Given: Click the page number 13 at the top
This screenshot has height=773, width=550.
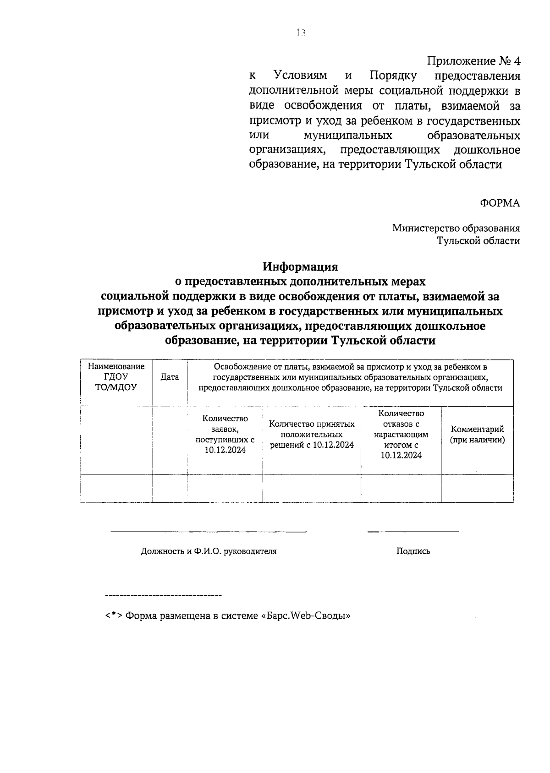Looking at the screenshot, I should point(301,33).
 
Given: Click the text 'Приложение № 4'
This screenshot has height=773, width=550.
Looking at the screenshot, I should point(473,61).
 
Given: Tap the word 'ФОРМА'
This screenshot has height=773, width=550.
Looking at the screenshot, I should point(500,203).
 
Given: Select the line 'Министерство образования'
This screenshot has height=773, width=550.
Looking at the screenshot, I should point(456,228).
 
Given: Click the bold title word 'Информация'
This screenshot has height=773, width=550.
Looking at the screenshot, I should point(300,266).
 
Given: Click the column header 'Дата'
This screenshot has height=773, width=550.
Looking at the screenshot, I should point(170,377).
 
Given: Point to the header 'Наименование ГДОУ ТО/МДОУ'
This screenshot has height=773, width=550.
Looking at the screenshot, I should point(116,376).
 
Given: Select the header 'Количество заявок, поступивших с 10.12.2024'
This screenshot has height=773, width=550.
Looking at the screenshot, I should point(225,434).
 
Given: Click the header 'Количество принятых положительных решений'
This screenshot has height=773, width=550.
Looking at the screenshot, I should point(312,434).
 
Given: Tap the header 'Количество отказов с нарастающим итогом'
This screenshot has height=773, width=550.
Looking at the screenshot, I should point(401,434).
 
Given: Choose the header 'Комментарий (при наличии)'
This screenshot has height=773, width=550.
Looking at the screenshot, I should point(477,434).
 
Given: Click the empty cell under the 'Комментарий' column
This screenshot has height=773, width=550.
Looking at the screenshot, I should point(477,488).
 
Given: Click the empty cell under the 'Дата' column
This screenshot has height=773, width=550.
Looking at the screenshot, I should point(170,488).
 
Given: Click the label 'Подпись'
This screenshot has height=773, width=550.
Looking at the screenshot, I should point(413,551).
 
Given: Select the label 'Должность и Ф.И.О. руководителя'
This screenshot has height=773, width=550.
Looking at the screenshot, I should point(209,551).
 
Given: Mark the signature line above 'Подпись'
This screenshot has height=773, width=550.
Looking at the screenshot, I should point(413,532).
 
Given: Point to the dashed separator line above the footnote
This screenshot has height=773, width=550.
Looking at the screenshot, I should point(163,595).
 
